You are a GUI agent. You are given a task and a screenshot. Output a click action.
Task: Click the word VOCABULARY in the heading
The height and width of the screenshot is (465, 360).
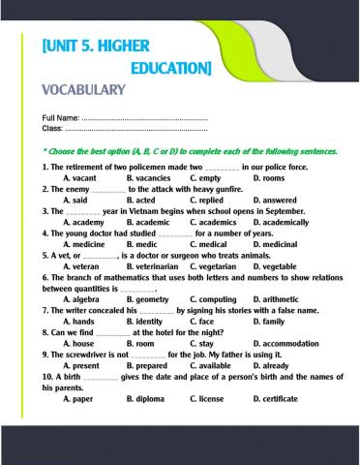coord(83,91)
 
